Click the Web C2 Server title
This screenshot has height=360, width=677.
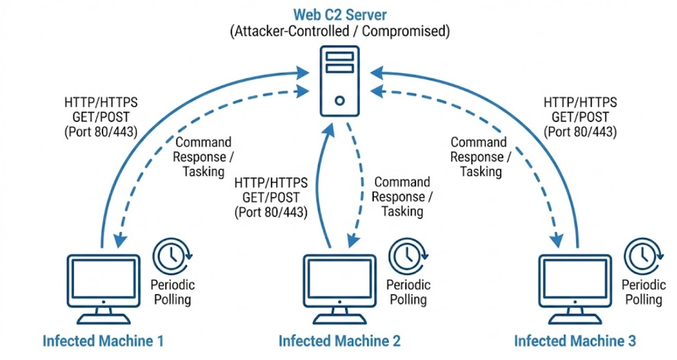point(339,13)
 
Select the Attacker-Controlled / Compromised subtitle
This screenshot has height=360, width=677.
point(339,31)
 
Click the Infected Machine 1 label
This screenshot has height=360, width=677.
point(103,340)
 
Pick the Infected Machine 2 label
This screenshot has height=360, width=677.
point(339,340)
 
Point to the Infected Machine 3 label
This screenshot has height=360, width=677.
point(575,340)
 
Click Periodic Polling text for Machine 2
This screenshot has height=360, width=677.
point(408,292)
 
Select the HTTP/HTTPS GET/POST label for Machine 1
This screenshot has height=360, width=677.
point(100,116)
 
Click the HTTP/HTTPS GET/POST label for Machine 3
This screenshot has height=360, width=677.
point(580,116)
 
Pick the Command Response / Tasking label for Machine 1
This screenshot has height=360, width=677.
point(203,157)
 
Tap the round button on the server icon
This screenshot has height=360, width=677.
point(339,100)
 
